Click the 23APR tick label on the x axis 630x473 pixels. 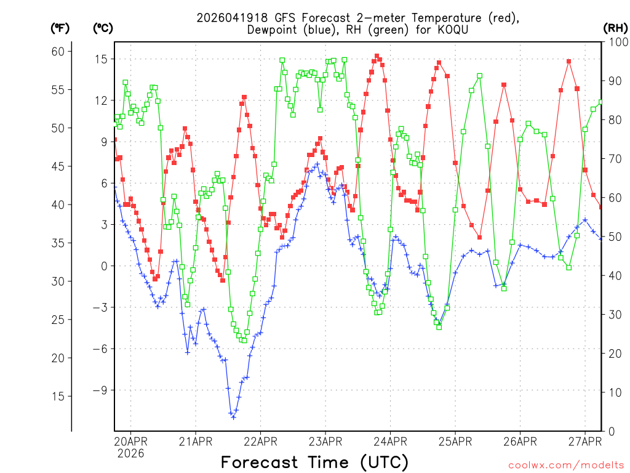[325, 441]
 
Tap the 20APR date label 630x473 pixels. [130, 441]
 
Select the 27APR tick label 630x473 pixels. [585, 441]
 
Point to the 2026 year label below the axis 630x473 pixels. [130, 453]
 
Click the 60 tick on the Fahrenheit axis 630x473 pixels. [58, 51]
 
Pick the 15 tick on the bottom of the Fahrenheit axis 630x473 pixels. [58, 396]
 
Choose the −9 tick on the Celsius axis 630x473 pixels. [99, 390]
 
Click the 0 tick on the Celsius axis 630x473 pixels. [104, 266]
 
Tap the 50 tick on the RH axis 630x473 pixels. [614, 237]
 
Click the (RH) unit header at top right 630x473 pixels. [616, 28]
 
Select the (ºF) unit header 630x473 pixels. [60, 28]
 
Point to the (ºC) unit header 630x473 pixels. [103, 28]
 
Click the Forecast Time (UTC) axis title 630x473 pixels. [314, 462]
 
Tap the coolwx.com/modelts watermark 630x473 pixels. [566, 464]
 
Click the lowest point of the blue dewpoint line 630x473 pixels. [233, 418]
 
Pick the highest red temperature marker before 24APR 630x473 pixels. [377, 56]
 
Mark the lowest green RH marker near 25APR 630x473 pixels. [439, 327]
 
